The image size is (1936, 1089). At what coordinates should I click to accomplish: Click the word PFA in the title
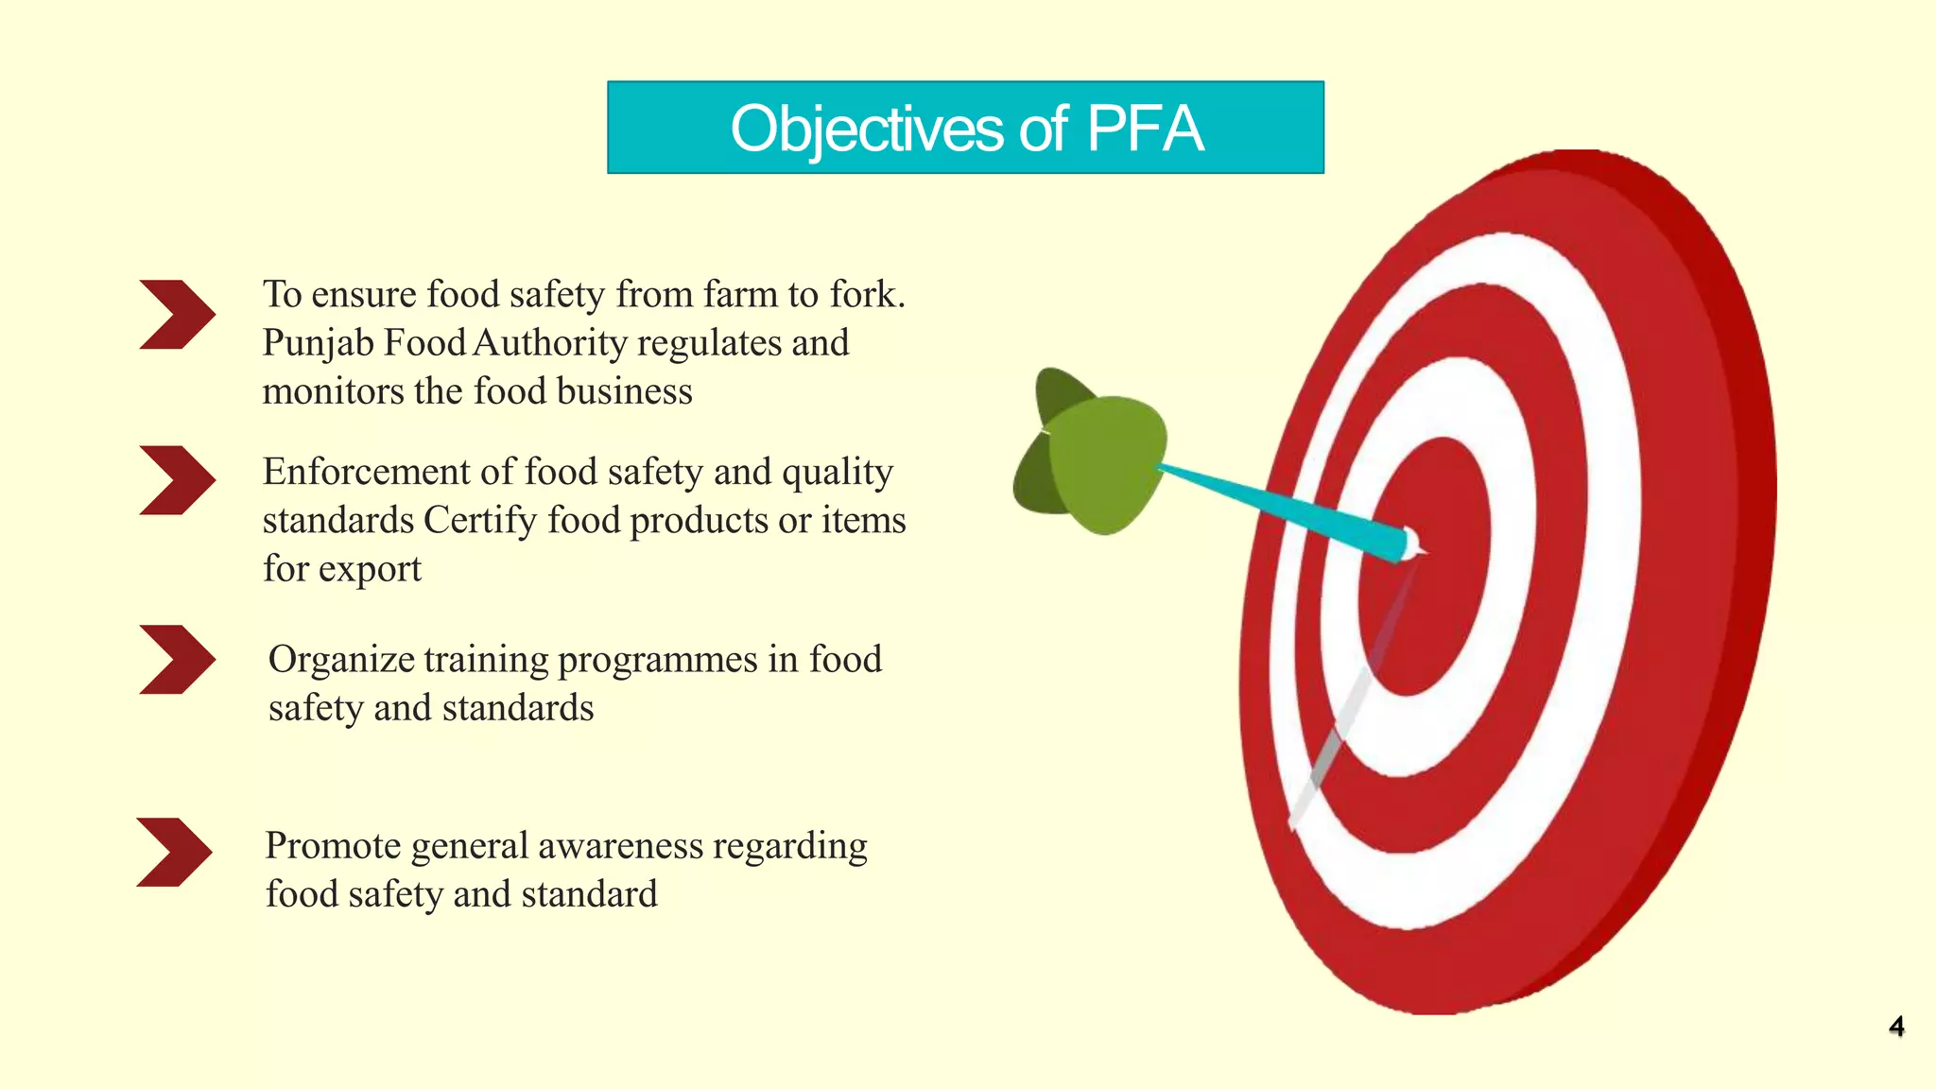coord(1145,129)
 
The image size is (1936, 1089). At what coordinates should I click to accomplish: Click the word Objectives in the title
coord(866,130)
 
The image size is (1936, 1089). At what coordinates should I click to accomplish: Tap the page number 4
coord(1896,1027)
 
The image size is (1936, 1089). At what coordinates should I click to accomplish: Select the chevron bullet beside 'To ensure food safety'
coord(177,315)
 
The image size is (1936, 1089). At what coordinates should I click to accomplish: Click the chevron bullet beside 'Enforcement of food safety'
coord(177,480)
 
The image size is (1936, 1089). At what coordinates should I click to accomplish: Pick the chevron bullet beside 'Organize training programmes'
coord(177,659)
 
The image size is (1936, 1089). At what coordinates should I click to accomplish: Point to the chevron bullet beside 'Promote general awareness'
coord(174,852)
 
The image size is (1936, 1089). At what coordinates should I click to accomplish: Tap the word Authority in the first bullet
coord(549,342)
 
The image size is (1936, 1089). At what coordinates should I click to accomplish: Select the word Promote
coord(333,846)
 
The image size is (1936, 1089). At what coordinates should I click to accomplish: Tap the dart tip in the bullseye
coord(1412,545)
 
